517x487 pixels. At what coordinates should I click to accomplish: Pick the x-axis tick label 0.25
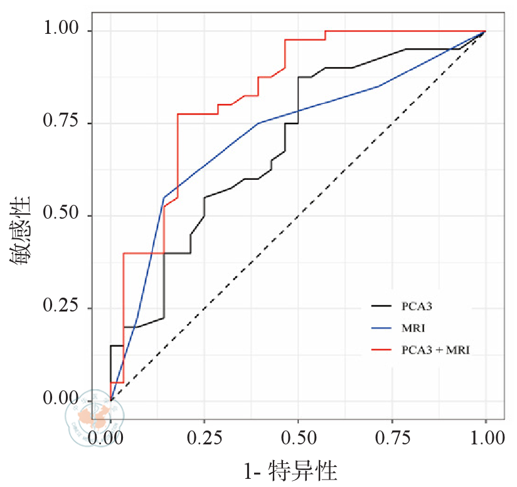point(205,437)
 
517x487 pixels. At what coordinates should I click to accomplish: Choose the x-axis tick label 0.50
point(299,437)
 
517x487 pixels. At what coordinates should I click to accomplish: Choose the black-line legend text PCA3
point(416,306)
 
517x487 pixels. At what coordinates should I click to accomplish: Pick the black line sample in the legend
point(381,306)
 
